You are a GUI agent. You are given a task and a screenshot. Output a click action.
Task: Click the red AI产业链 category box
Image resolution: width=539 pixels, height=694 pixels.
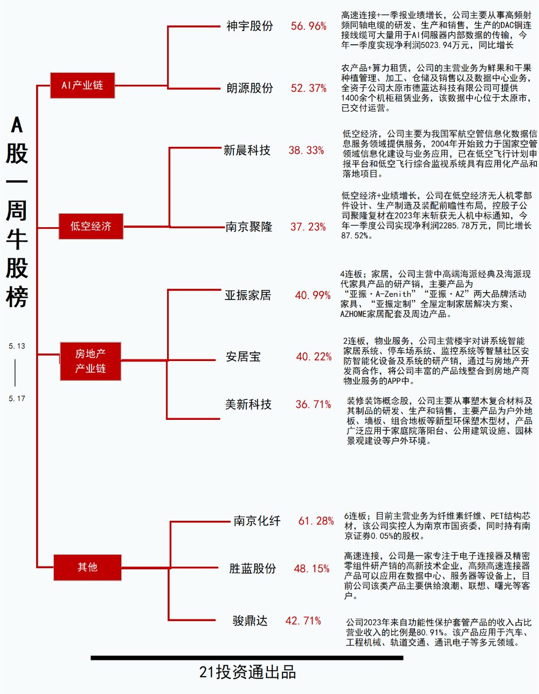click(82, 85)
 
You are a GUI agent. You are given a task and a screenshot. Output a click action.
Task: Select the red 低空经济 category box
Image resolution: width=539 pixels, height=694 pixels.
click(91, 226)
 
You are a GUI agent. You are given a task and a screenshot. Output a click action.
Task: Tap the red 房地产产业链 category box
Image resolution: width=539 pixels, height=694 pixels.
click(91, 361)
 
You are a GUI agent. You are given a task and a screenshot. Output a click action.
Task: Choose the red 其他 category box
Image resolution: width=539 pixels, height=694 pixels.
click(87, 567)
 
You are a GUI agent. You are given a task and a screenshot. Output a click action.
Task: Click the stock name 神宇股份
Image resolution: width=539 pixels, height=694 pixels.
click(250, 26)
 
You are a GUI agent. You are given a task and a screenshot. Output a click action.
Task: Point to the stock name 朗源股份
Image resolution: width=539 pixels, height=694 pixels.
click(250, 88)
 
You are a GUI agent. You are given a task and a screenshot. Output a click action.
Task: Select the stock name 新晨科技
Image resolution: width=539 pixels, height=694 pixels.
click(247, 151)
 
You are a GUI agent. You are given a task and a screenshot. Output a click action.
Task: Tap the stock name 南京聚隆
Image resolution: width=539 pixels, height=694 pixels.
click(249, 227)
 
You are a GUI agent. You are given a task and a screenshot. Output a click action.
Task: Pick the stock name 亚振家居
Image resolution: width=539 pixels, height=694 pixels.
click(248, 295)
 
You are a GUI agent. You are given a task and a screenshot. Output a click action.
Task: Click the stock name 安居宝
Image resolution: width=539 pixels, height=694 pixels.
click(243, 357)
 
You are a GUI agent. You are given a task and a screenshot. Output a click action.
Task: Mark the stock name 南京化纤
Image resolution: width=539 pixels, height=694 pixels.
click(257, 521)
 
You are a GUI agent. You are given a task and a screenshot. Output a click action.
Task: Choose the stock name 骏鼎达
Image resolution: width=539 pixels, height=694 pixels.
click(250, 621)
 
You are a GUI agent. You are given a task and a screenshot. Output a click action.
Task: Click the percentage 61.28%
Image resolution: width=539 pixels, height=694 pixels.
click(316, 521)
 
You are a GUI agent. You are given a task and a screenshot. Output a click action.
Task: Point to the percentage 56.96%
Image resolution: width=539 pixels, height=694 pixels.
click(309, 26)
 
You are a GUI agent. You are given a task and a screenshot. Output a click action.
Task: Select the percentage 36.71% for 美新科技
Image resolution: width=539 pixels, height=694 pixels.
click(313, 404)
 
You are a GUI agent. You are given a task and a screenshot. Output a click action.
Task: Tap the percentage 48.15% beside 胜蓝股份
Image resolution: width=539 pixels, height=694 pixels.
click(312, 569)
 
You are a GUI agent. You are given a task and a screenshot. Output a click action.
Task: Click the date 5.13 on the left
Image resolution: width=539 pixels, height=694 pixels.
click(17, 346)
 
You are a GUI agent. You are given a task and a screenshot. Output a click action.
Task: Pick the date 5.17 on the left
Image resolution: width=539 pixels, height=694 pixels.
click(17, 399)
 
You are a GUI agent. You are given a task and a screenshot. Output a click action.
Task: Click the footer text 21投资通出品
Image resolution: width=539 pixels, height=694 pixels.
click(247, 672)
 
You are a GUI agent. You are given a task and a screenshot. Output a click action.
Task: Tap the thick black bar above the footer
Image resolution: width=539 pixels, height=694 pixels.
click(247, 658)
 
